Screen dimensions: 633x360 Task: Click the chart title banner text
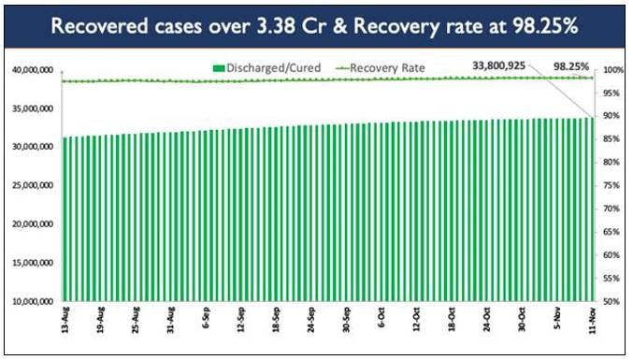(x=314, y=26)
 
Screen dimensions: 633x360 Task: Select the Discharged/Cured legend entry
(x=266, y=68)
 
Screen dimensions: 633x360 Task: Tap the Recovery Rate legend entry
(x=381, y=68)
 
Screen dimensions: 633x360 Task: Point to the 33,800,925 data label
(x=499, y=65)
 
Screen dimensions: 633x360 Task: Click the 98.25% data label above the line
(x=571, y=66)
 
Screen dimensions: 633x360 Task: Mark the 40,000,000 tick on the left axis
(x=33, y=70)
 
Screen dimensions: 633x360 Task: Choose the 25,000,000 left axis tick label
(x=33, y=186)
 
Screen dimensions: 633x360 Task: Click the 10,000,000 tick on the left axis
(x=33, y=301)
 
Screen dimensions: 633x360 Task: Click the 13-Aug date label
(x=65, y=320)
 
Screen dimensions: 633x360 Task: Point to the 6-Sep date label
(x=206, y=319)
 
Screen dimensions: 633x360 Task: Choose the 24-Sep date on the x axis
(x=310, y=320)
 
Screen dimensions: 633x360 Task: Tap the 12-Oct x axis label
(x=416, y=320)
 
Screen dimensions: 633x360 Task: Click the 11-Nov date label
(x=592, y=320)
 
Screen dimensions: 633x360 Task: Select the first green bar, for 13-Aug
(x=65, y=219)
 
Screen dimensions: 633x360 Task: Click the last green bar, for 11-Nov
(x=592, y=209)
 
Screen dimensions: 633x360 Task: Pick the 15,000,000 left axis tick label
(x=33, y=263)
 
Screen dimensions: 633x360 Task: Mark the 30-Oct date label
(x=522, y=320)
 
